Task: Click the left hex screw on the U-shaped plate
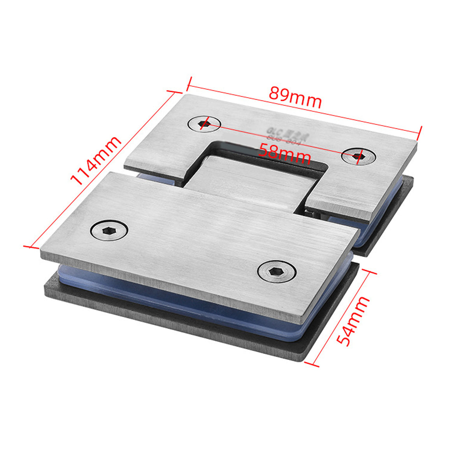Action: pos(204,124)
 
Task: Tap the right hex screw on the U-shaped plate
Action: pos(358,156)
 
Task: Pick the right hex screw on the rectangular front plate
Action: pos(277,271)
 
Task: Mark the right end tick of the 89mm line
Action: pos(420,132)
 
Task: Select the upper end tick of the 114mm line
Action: pos(174,92)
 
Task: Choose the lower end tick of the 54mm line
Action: pos(311,364)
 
